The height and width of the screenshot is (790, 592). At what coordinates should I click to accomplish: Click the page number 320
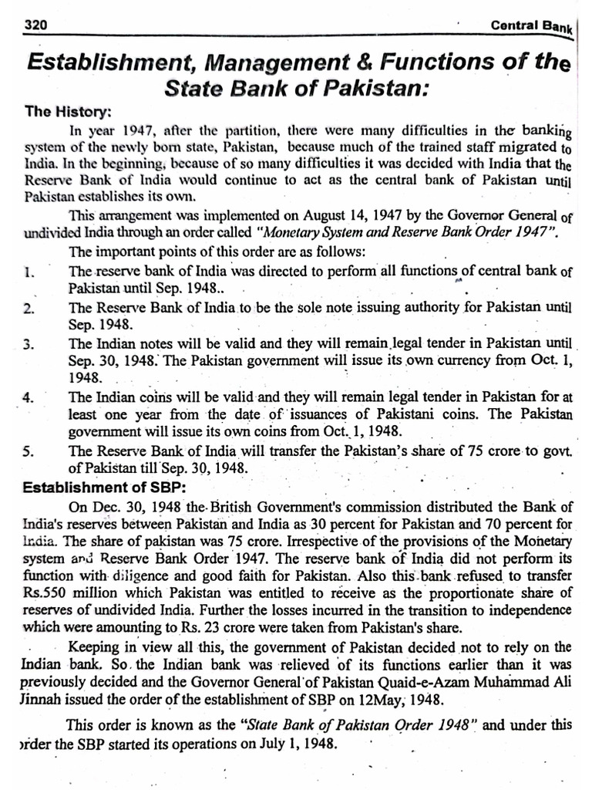(x=35, y=25)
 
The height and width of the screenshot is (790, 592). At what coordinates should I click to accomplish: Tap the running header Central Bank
(x=532, y=27)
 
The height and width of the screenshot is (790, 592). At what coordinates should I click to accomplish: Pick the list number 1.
(x=27, y=272)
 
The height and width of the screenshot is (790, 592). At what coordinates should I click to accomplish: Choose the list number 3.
(x=29, y=345)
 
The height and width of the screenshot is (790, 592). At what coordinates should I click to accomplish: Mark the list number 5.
(x=28, y=453)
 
